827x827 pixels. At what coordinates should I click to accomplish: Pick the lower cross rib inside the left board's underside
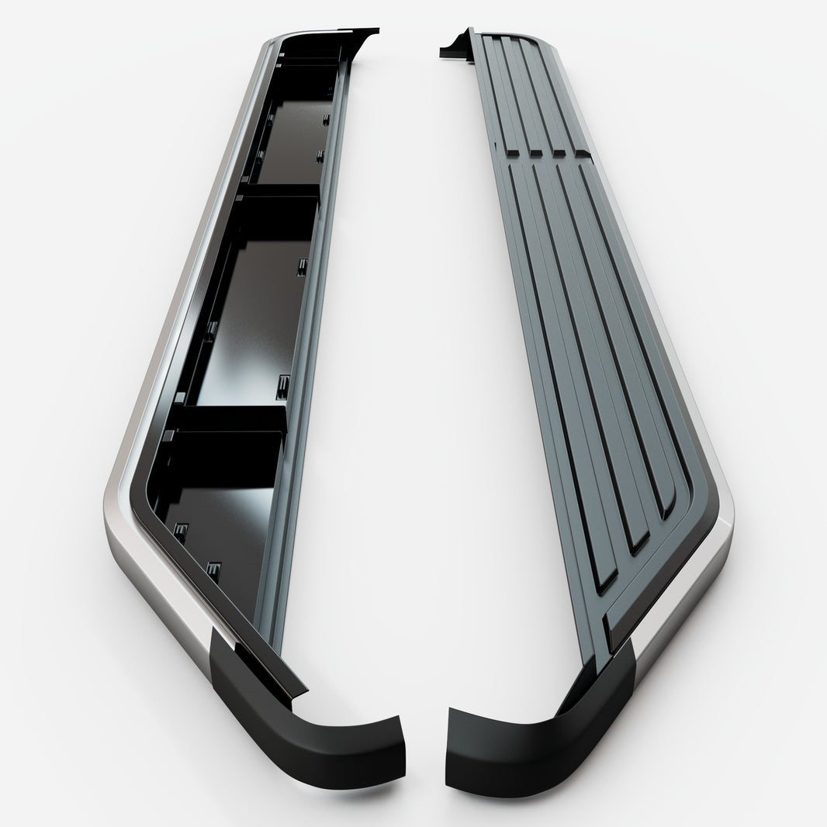pos(225,419)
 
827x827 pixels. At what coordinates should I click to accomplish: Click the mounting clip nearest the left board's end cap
pos(214,573)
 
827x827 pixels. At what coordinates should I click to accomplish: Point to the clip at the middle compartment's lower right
pos(283,382)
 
